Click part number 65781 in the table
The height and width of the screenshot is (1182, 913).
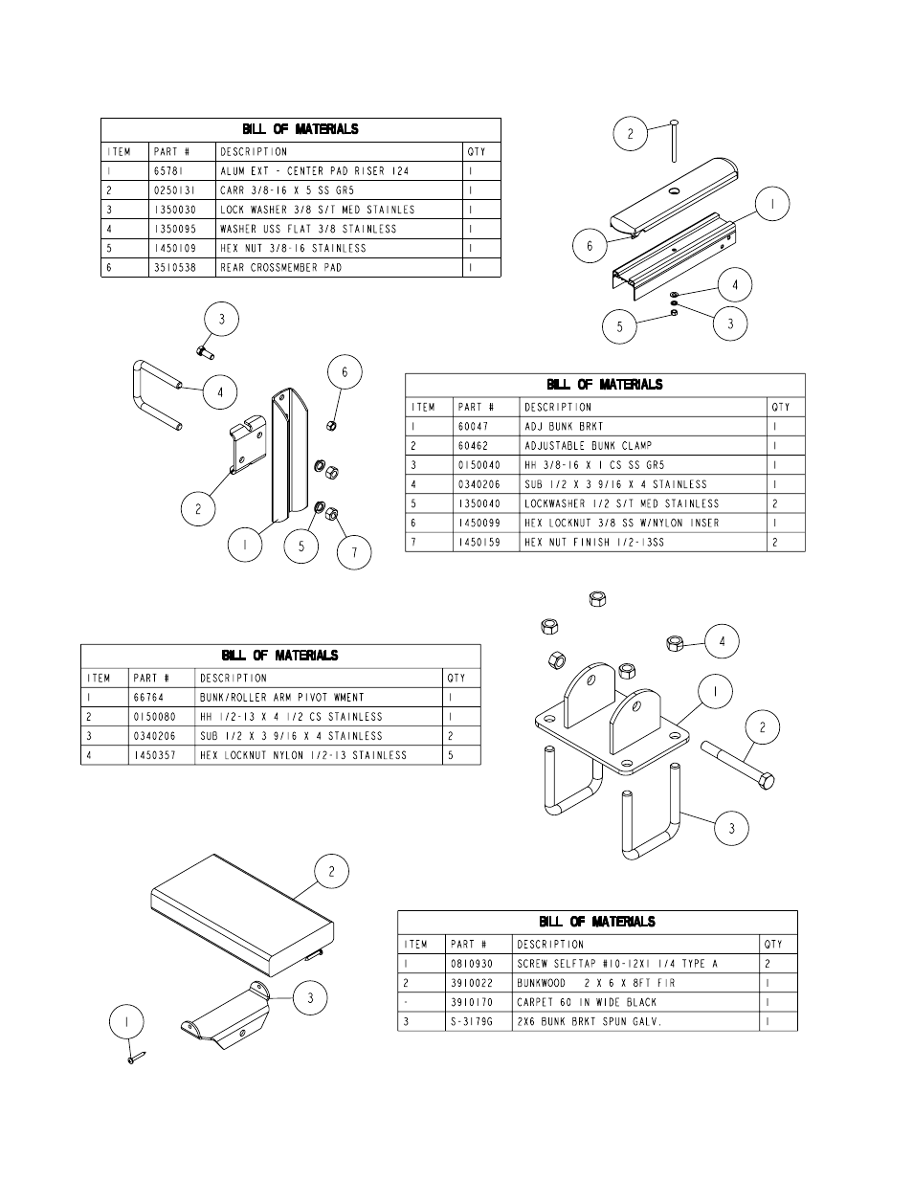pyautogui.click(x=168, y=171)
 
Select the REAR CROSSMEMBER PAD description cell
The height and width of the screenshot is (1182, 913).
pyautogui.click(x=280, y=268)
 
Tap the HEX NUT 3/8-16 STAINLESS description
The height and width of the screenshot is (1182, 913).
pyautogui.click(x=293, y=248)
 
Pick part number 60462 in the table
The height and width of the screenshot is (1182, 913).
pyautogui.click(x=473, y=446)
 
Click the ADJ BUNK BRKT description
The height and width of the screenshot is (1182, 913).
pyautogui.click(x=564, y=427)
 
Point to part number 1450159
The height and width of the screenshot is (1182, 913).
pyautogui.click(x=479, y=543)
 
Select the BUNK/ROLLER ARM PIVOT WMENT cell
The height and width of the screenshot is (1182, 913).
pyautogui.click(x=282, y=698)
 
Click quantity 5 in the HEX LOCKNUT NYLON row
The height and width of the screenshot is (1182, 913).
pyautogui.click(x=450, y=755)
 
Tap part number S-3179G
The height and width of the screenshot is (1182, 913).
pyautogui.click(x=472, y=1021)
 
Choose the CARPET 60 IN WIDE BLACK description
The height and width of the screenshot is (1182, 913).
pyautogui.click(x=587, y=1002)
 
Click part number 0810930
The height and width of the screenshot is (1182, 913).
pyautogui.click(x=472, y=964)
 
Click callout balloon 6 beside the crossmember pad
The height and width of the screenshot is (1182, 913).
pyautogui.click(x=590, y=246)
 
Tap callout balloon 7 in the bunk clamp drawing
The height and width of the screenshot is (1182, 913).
pyautogui.click(x=354, y=552)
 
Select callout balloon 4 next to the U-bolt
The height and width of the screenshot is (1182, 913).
pyautogui.click(x=220, y=392)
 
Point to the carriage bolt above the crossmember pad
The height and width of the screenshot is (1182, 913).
pyautogui.click(x=674, y=141)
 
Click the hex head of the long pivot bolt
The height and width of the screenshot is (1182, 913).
pyautogui.click(x=766, y=782)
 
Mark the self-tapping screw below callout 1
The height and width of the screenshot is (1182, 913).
pyautogui.click(x=137, y=1058)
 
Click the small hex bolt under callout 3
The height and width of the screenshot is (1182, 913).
pyautogui.click(x=205, y=352)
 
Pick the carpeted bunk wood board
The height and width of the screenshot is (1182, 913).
pyautogui.click(x=242, y=915)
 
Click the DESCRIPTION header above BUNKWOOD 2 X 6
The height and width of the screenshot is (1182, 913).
pyautogui.click(x=550, y=945)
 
